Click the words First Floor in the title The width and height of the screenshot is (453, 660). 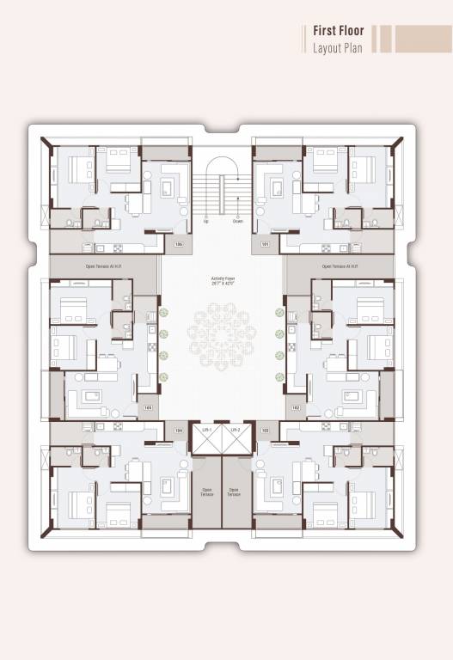point(340,31)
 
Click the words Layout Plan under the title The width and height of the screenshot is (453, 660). point(338,46)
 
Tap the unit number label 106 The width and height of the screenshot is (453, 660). point(179,245)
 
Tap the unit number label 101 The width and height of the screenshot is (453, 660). point(266,245)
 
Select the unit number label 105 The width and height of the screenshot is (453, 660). point(149,407)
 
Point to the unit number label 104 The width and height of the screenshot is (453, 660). point(179,430)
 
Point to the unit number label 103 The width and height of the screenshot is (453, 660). point(266,430)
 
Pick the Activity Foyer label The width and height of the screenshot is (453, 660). point(223,278)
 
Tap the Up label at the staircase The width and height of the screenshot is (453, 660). point(206,222)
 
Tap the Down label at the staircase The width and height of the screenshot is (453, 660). point(238,222)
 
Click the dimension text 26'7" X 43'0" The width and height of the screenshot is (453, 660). point(223,284)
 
